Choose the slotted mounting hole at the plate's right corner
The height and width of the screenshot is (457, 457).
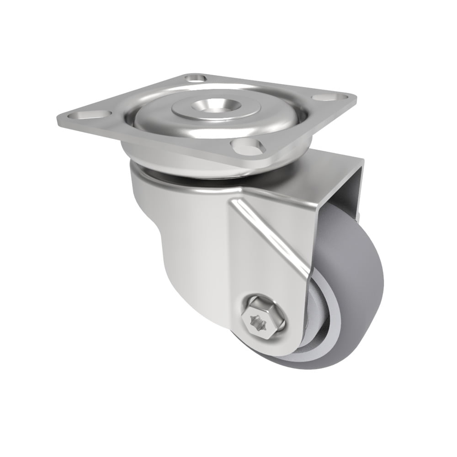(x=330, y=97)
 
